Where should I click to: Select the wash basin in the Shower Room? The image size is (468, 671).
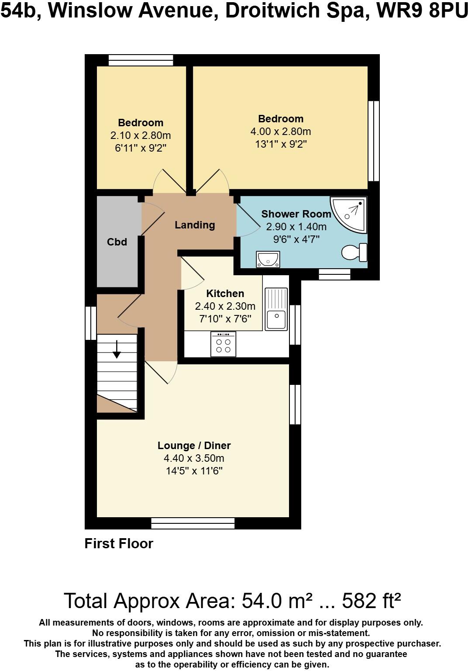coord(268,259)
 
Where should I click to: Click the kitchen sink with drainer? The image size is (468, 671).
coord(276,309)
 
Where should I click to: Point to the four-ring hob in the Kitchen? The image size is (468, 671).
coord(223,344)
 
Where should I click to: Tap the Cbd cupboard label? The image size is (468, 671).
coord(117,242)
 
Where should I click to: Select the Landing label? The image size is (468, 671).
coord(195,225)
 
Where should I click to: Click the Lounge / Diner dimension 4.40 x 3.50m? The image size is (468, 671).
coord(194,458)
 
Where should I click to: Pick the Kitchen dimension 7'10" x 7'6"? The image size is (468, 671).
coord(225,319)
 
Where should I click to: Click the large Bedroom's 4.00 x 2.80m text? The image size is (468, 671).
coord(280,131)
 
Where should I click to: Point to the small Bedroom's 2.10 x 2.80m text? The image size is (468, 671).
coord(141,135)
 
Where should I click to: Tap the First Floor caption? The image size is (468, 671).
coord(119,543)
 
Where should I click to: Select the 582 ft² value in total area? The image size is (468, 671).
coord(371,601)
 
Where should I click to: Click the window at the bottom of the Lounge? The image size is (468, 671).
coord(193,523)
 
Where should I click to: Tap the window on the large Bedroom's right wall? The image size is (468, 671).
coord(373,141)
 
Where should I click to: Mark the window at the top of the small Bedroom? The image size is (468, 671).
coord(141,60)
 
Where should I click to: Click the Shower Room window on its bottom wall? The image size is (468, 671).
coord(334,274)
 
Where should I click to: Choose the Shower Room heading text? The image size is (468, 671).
coord(296,214)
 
